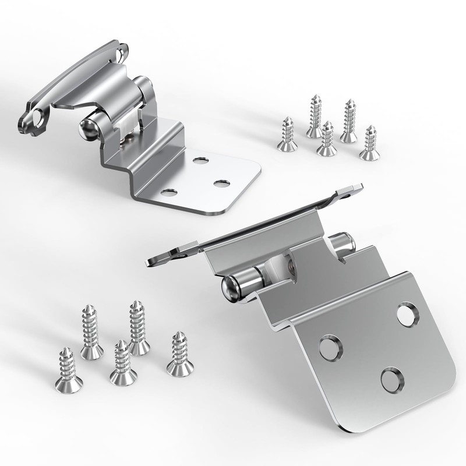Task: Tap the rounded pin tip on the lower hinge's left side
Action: click(230, 287)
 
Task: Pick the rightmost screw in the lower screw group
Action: click(180, 355)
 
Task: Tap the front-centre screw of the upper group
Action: click(327, 140)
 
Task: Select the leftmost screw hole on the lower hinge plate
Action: click(330, 347)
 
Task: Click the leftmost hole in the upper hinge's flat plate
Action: click(170, 192)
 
